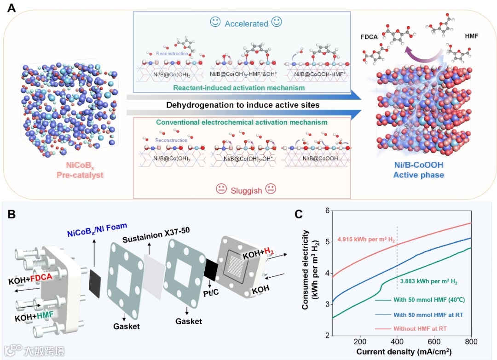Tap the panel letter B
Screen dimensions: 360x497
click(x=11, y=214)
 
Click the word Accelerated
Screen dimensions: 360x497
click(x=246, y=23)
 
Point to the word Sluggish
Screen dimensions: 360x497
click(x=247, y=189)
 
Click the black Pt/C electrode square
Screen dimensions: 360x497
click(x=212, y=270)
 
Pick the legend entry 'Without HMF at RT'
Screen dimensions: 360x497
click(x=421, y=329)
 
